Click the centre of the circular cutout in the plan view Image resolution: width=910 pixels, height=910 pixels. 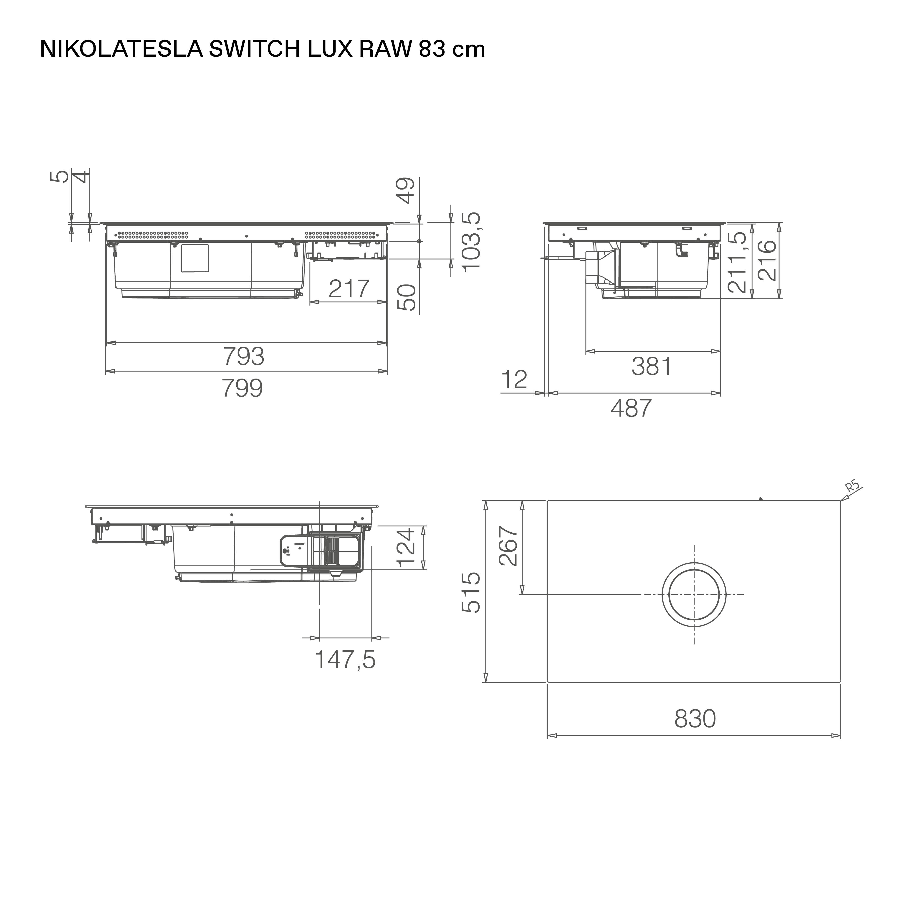(x=694, y=594)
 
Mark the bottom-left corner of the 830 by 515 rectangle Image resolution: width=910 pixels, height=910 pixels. (x=547, y=682)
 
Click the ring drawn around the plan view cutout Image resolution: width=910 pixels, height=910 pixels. (x=694, y=594)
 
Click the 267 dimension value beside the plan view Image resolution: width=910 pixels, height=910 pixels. (x=509, y=546)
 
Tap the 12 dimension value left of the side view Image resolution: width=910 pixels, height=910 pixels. (x=514, y=380)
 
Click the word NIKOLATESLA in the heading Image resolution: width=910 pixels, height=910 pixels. (x=121, y=49)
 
